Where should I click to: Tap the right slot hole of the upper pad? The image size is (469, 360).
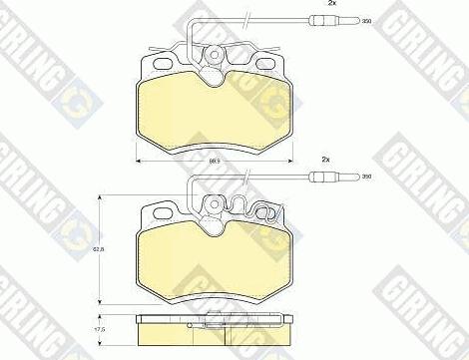(264, 65)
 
